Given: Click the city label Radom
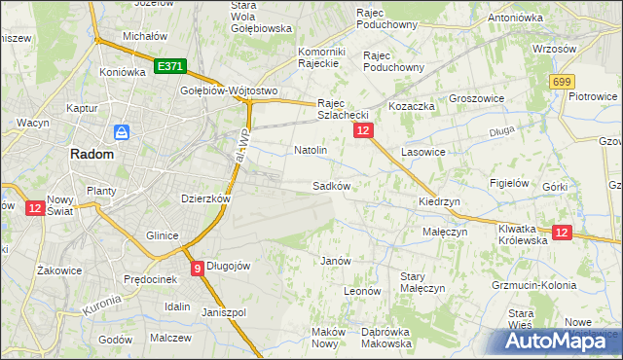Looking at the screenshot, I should [91, 154].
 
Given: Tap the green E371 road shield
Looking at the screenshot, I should [169, 67].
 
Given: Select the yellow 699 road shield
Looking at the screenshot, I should [562, 84].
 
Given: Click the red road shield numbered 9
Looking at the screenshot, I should [198, 268].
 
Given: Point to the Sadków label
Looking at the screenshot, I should [331, 185].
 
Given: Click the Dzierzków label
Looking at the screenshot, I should [205, 198].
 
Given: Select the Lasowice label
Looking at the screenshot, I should [422, 153].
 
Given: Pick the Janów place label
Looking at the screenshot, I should [335, 261].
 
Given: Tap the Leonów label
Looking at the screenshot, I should [361, 290].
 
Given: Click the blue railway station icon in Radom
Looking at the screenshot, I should [122, 131].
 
